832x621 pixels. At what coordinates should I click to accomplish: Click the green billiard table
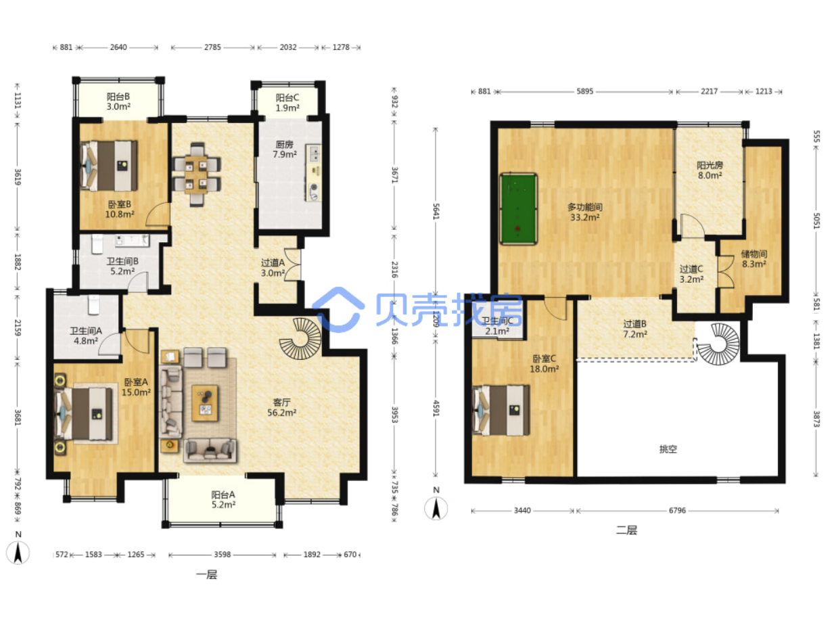coord(518,209)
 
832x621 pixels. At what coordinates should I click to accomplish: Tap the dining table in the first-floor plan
coord(195,175)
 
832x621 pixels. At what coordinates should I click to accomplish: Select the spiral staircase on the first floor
coord(300,338)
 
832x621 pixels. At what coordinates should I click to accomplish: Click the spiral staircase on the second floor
coord(717,344)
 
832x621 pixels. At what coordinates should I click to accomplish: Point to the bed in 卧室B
coord(109,166)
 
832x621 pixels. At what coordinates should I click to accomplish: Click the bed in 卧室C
coord(501,410)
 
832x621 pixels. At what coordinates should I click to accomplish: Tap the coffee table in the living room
coord(205,403)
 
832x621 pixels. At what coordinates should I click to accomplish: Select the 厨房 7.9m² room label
coord(284,149)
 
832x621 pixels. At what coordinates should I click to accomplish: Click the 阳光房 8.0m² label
coord(710,170)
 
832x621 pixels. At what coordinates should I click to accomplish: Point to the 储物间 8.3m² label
coord(754,259)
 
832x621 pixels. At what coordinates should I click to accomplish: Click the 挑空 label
coord(668,449)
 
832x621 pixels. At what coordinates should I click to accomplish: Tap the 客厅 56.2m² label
coord(281,407)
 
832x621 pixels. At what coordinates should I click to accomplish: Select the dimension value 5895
coord(584,91)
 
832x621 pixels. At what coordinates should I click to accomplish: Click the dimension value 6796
coord(677,510)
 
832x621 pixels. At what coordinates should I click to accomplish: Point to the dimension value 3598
coord(222,554)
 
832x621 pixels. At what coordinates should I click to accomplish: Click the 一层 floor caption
coord(206,575)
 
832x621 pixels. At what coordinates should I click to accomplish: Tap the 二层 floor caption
coord(626,530)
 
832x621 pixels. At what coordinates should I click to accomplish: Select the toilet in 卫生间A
coord(94,304)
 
